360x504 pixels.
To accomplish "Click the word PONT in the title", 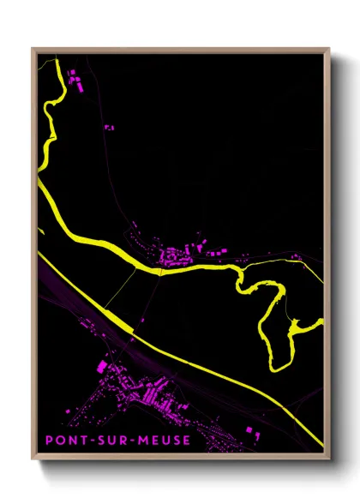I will pos(63,442).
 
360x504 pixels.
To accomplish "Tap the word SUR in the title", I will pos(103,442).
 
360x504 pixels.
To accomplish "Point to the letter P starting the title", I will pos(49,442).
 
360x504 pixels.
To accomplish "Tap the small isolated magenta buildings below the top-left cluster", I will pos(109,127).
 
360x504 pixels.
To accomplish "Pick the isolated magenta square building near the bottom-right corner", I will pos(249,428).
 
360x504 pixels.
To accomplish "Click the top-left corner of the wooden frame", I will pos(33,48).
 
